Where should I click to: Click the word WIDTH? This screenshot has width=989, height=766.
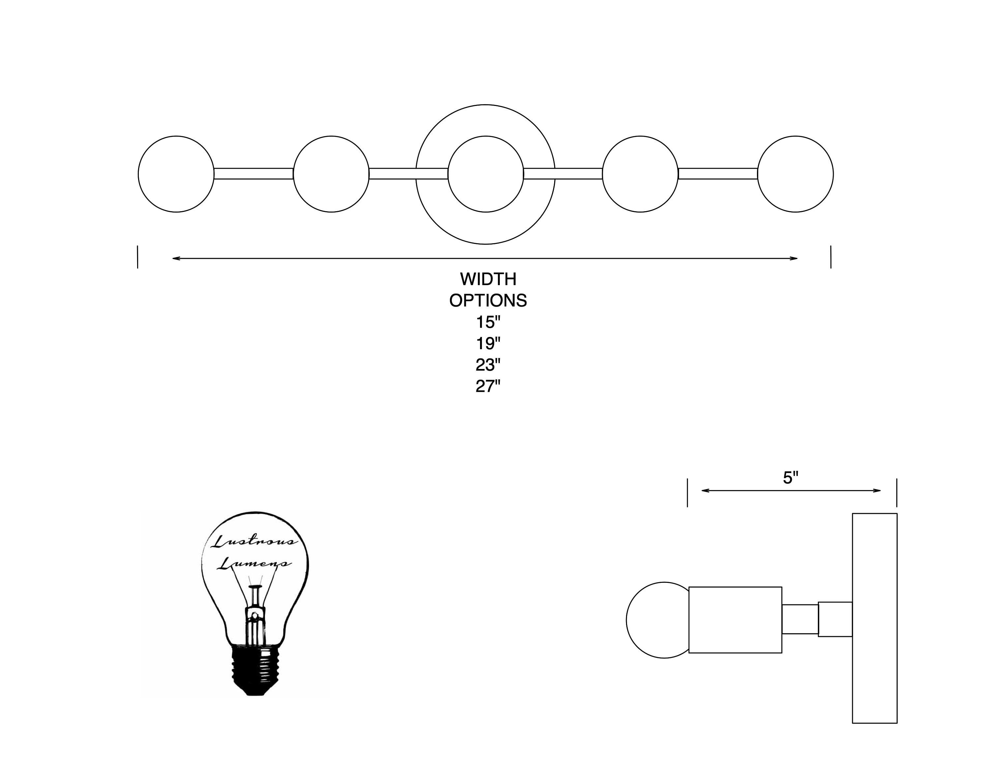pyautogui.click(x=488, y=279)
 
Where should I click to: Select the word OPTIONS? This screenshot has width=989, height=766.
pyautogui.click(x=488, y=301)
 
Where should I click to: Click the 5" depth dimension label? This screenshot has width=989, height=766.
pyautogui.click(x=791, y=478)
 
